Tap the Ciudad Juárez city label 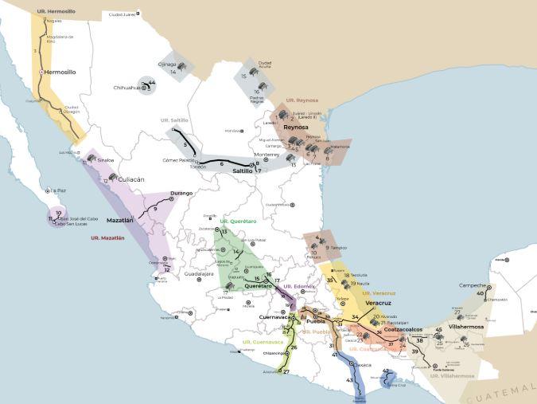click(x=121, y=14)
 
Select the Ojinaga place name click(x=167, y=64)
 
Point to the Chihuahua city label click(x=126, y=88)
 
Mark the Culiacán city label click(x=130, y=180)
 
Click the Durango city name click(x=181, y=193)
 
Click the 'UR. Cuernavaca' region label click(x=263, y=342)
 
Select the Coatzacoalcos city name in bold click(x=409, y=329)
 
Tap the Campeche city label click(x=473, y=285)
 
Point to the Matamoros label click(x=339, y=147)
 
